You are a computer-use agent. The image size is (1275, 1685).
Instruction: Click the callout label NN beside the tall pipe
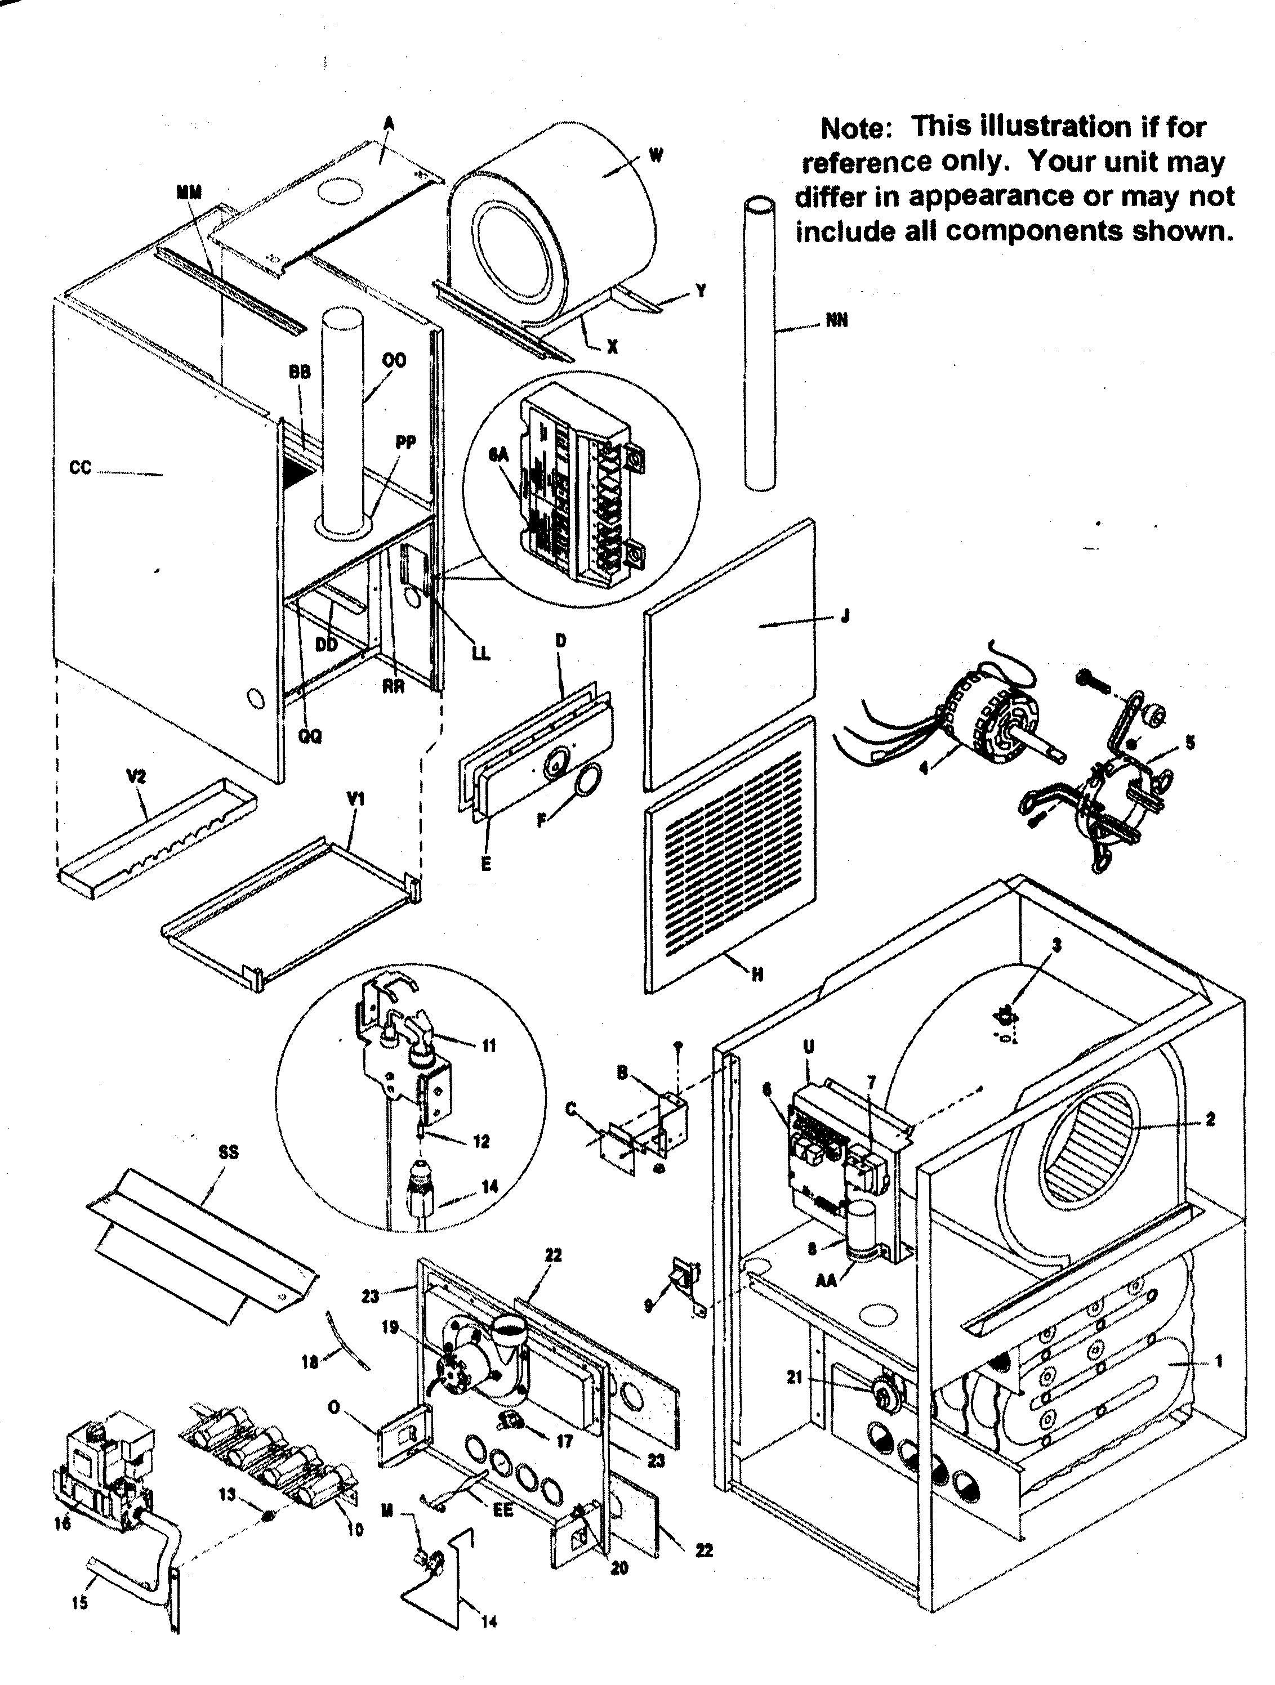pos(836,321)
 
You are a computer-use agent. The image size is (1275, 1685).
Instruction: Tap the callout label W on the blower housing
pos(656,155)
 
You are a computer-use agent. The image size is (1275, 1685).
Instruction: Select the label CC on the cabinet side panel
pos(80,468)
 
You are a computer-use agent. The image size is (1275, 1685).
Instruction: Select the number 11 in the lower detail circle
pos(488,1046)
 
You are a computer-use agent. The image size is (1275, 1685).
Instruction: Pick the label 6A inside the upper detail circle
pos(498,455)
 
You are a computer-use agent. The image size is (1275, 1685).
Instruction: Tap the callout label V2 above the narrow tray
pos(136,777)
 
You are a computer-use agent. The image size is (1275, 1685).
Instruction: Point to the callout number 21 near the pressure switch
pos(795,1377)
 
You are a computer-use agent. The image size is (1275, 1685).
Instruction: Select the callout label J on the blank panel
pos(844,617)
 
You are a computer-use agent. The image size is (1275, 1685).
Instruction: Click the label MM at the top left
pos(189,193)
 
